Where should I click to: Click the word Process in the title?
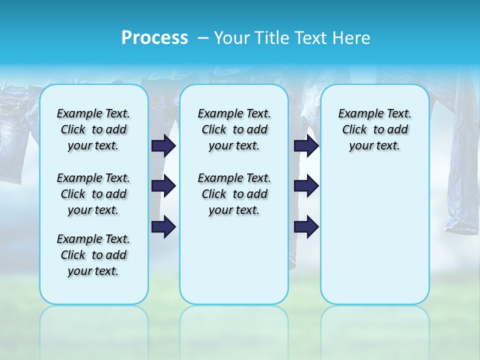[154, 37]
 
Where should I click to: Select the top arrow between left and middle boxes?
[163, 145]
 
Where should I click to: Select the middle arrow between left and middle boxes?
[163, 186]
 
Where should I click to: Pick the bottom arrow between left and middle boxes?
[163, 226]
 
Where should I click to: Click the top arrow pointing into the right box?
[306, 145]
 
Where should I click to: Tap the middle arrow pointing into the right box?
[306, 186]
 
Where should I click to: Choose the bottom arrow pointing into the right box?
[306, 226]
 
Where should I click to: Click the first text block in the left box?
[93, 129]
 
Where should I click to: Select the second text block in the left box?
[93, 194]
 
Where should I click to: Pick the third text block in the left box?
[93, 255]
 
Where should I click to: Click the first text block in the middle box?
[234, 129]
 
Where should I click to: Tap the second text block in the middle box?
[234, 194]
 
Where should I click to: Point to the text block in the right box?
[374, 129]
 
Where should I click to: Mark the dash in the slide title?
[203, 38]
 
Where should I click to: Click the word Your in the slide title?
[231, 38]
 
